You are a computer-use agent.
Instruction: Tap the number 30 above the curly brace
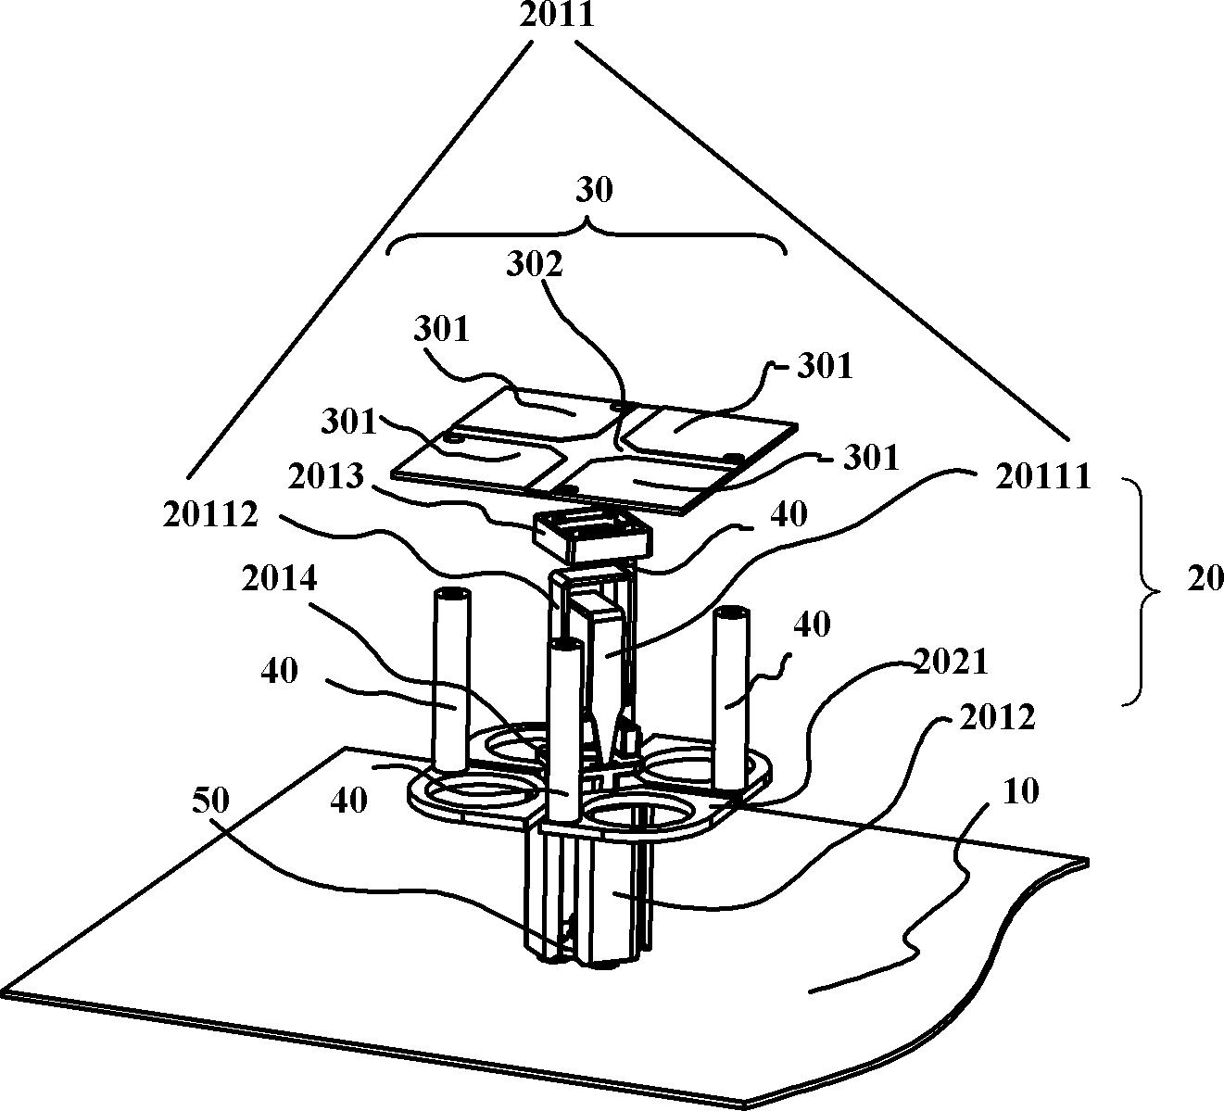594,190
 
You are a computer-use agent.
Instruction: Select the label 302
535,265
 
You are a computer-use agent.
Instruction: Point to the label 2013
326,477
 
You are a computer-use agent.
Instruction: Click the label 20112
210,515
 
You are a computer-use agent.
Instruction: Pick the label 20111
1042,477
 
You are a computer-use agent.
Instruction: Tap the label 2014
280,578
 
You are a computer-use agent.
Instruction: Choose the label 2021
950,662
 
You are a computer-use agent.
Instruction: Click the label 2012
997,718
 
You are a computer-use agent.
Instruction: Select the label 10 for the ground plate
1020,791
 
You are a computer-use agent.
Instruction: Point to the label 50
210,801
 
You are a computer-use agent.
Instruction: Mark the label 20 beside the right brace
1205,579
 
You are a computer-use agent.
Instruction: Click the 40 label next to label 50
349,801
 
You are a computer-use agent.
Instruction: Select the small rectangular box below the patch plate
592,537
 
